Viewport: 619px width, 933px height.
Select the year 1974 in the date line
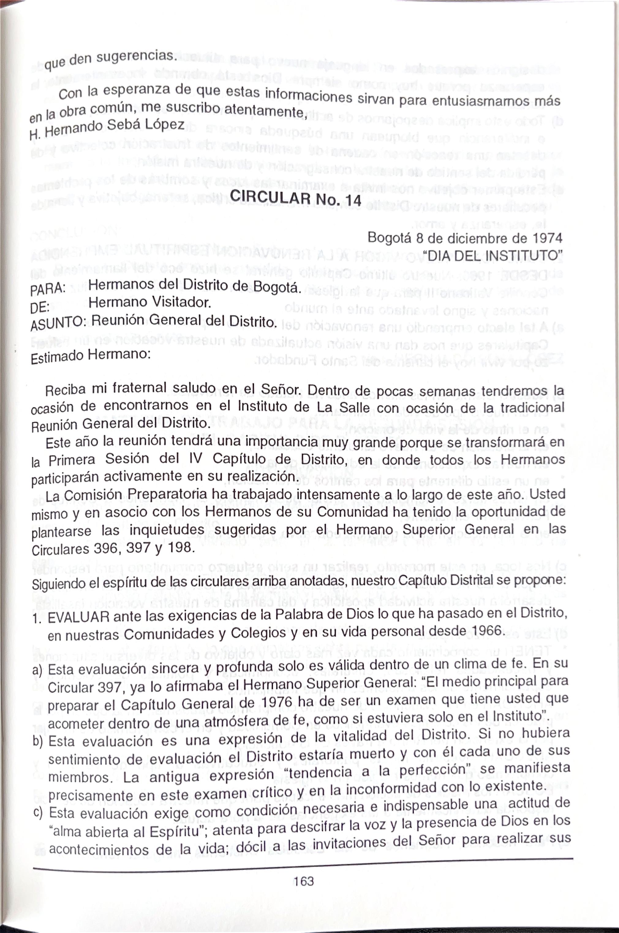click(x=547, y=238)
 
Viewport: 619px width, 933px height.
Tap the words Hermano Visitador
click(x=149, y=303)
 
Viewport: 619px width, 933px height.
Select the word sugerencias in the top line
click(x=135, y=56)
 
